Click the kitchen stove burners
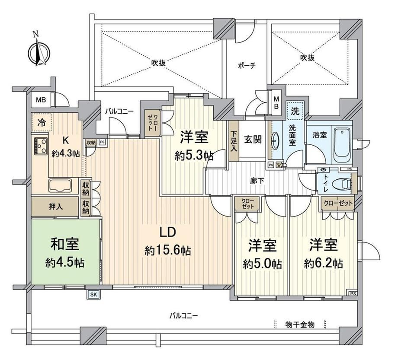click(41, 146)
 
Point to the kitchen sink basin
click(60, 185)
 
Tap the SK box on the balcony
click(93, 294)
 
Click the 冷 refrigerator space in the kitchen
click(42, 123)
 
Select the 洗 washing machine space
click(295, 111)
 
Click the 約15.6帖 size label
click(168, 251)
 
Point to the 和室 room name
click(65, 244)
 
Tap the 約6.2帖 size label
click(324, 264)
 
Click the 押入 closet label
click(55, 207)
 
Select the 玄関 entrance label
click(253, 140)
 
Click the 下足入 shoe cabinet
click(234, 141)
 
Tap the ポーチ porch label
click(247, 66)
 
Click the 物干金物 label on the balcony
click(300, 324)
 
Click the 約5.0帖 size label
click(262, 264)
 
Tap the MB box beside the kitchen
click(41, 100)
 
